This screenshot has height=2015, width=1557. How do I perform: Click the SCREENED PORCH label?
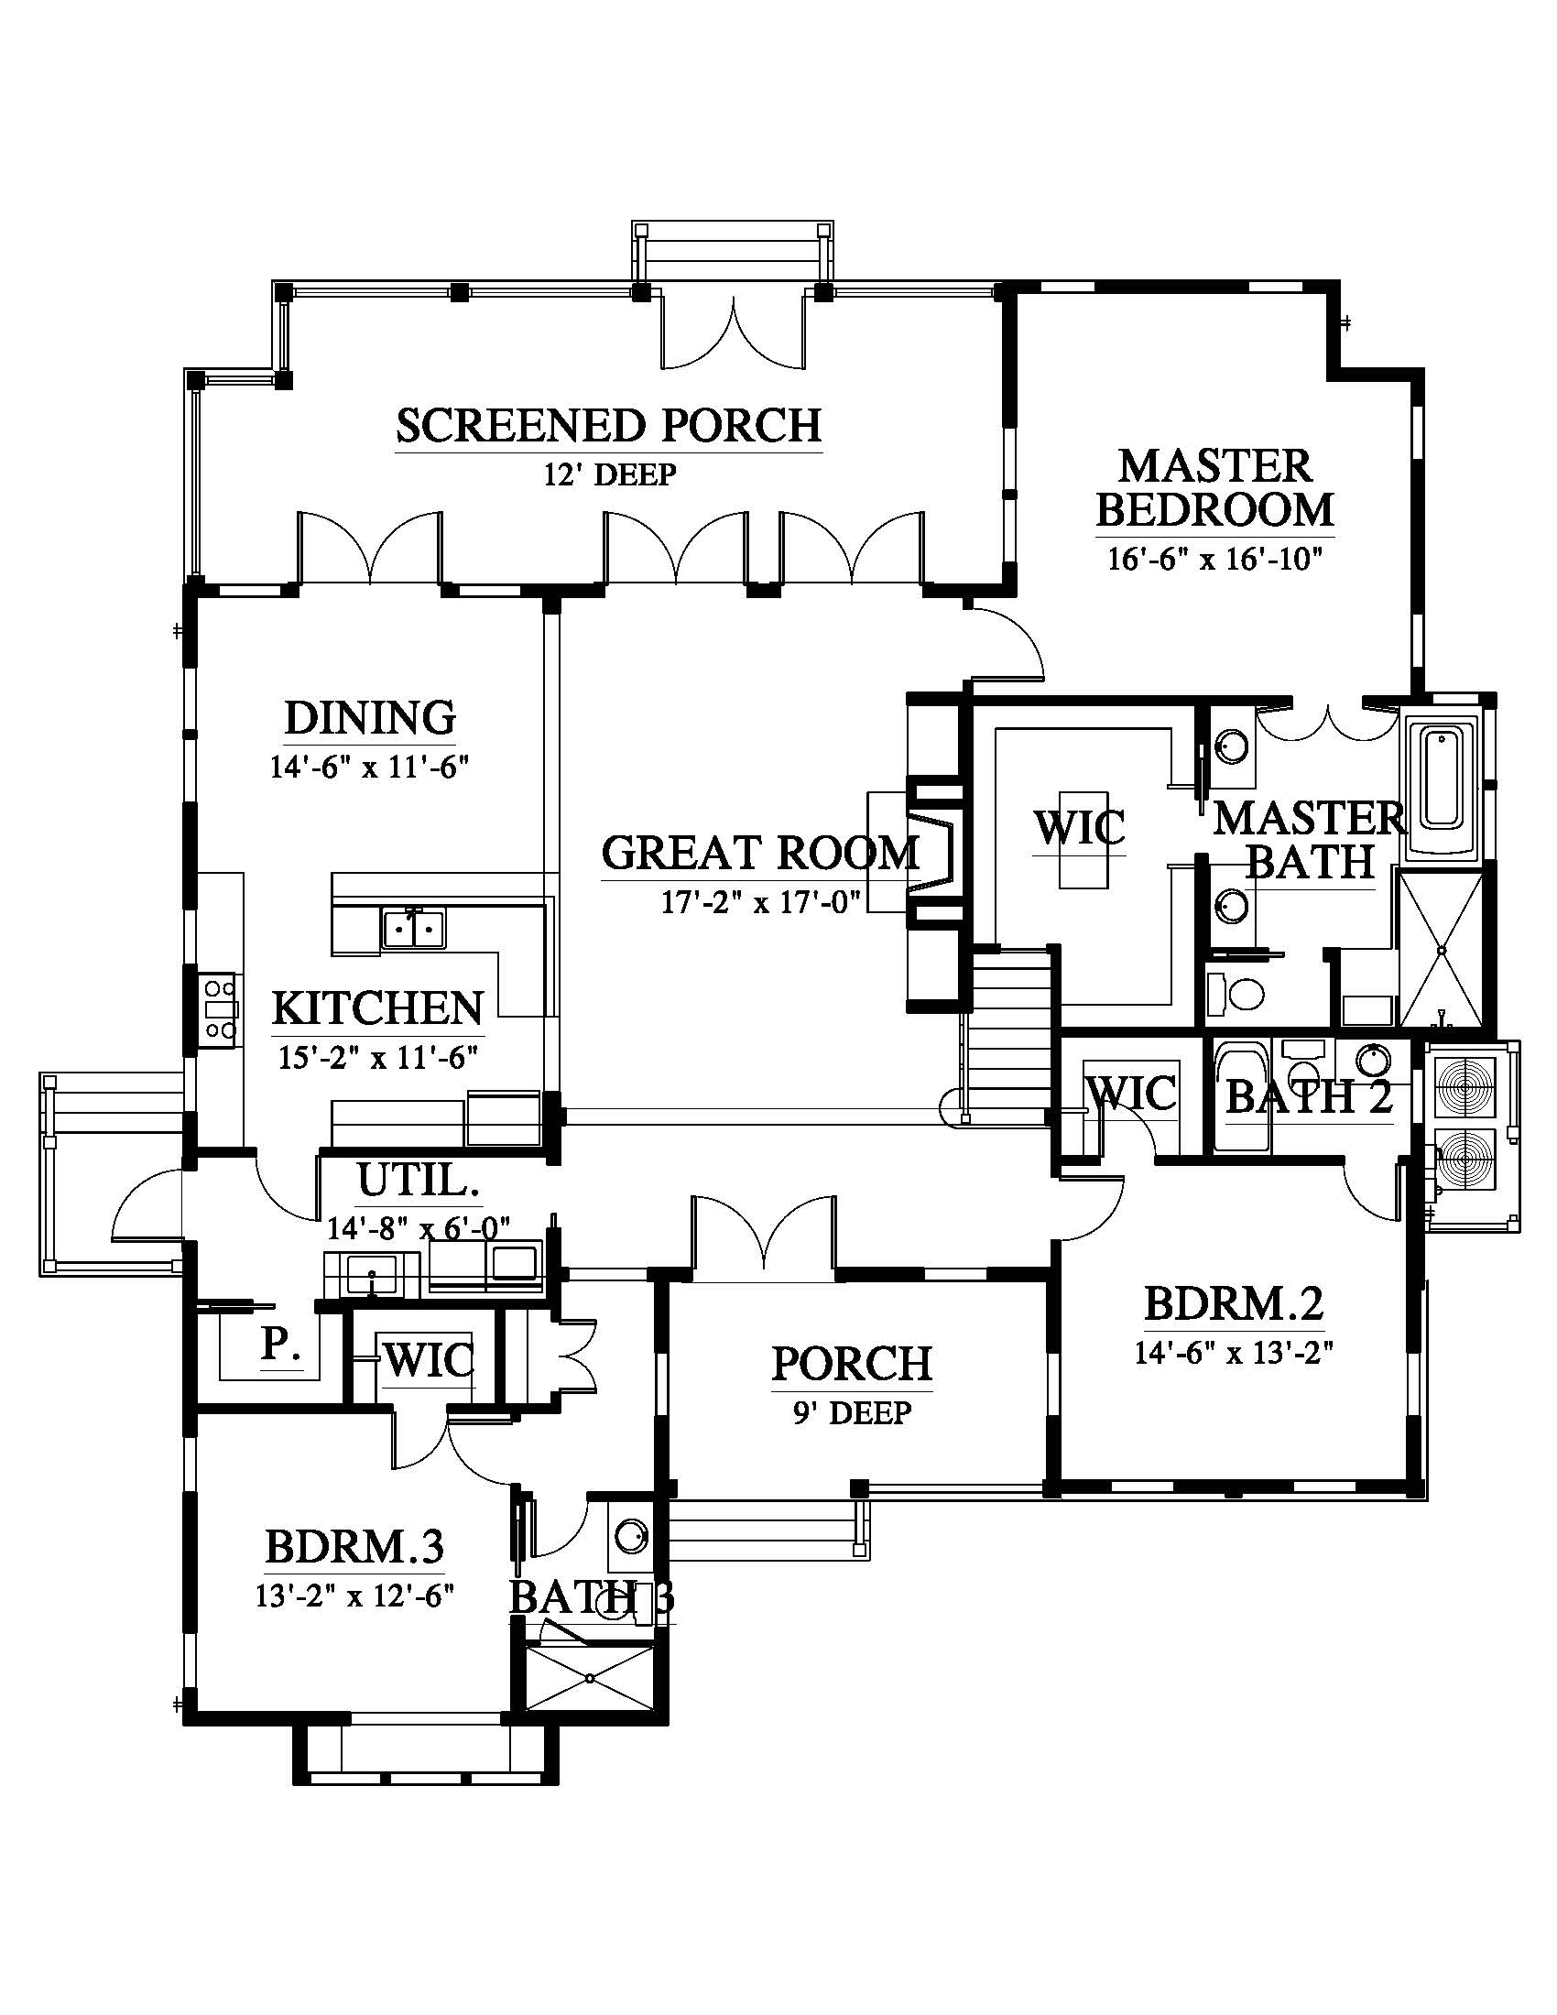[x=609, y=426]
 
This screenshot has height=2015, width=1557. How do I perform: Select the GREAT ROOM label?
[x=760, y=853]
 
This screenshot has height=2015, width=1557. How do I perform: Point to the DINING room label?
[x=370, y=718]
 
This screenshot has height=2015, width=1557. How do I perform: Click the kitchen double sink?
[x=413, y=927]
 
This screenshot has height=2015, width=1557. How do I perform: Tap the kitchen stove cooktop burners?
[x=222, y=1009]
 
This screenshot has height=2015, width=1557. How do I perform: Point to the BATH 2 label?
[x=1308, y=1097]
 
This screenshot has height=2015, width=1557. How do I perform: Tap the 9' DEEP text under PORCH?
[x=852, y=1412]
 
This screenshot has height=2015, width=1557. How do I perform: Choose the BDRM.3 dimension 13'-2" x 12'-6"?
[x=355, y=1596]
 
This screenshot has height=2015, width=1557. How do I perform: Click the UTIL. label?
[x=418, y=1181]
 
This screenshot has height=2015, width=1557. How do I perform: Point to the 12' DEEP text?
[x=609, y=475]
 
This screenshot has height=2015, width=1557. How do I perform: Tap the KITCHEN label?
[x=378, y=1008]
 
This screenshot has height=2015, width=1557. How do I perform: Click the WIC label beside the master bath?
[x=1079, y=828]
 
